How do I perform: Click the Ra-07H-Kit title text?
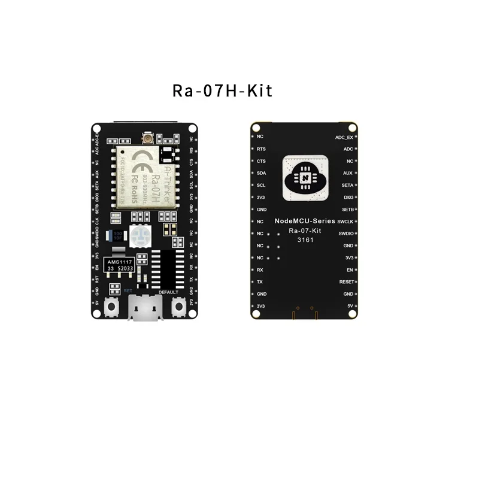(x=222, y=90)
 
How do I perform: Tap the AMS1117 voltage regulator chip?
(x=120, y=265)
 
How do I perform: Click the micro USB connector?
(x=145, y=310)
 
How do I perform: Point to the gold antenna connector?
(x=145, y=140)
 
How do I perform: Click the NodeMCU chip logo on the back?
(x=305, y=177)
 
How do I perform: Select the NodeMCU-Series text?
(x=305, y=221)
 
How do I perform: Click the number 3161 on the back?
(x=305, y=239)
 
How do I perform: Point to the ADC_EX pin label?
(x=344, y=137)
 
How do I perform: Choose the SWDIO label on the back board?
(x=345, y=234)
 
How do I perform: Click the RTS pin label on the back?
(x=261, y=149)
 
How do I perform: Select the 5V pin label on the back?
(x=349, y=306)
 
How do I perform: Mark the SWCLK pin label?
(x=345, y=222)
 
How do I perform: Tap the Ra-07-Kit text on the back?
(x=305, y=230)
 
